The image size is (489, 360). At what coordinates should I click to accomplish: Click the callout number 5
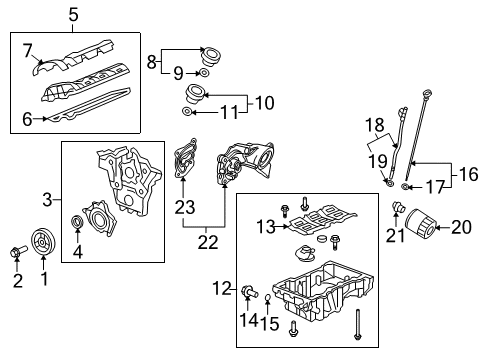pyautogui.click(x=73, y=14)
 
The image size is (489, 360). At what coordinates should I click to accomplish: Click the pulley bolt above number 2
pyautogui.click(x=15, y=252)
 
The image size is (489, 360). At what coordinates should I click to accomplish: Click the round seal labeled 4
pyautogui.click(x=79, y=221)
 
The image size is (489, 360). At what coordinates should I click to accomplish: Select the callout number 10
pyautogui.click(x=263, y=101)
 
